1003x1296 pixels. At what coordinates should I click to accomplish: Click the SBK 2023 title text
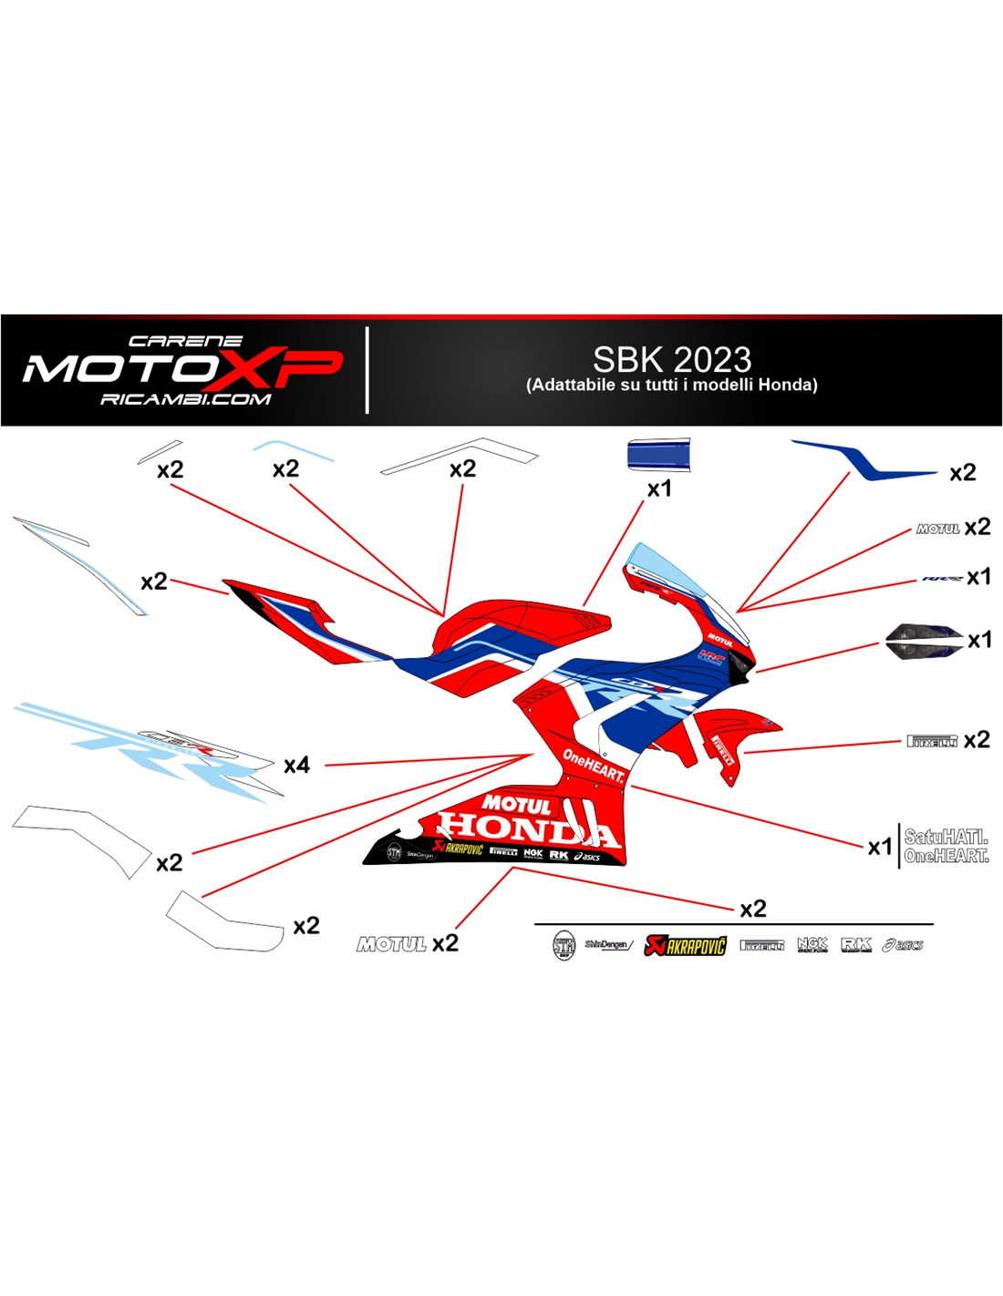click(672, 359)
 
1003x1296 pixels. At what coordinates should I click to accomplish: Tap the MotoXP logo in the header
click(182, 369)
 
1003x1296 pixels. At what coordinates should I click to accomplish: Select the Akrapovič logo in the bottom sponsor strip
click(686, 945)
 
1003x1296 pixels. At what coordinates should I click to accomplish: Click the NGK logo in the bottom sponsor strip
click(812, 945)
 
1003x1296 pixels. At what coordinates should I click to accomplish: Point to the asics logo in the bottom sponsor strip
click(903, 945)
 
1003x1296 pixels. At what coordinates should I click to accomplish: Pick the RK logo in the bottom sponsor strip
click(856, 945)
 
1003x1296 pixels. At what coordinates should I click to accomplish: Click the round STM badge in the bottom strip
click(564, 945)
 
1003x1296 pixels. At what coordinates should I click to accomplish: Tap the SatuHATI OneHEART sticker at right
click(946, 846)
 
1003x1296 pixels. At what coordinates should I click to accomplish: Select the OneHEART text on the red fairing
click(594, 766)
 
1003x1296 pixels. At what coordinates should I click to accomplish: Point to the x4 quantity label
click(296, 766)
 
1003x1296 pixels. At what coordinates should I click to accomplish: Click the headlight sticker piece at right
click(924, 640)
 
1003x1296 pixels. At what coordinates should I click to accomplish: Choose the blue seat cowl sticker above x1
click(658, 455)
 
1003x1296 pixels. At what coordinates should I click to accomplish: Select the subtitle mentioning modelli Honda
click(672, 385)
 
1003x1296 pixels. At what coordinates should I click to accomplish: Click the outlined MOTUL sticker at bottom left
click(391, 944)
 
